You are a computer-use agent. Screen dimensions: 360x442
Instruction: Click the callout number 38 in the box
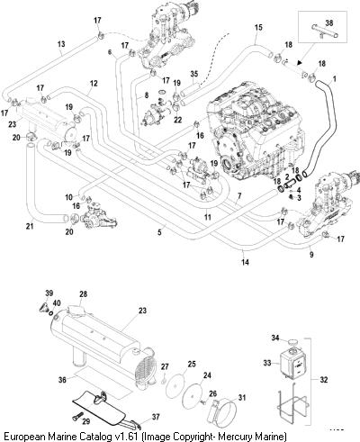click(x=329, y=23)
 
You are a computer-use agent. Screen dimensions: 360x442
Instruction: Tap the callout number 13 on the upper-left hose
click(x=61, y=44)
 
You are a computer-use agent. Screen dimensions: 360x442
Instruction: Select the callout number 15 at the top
click(x=258, y=27)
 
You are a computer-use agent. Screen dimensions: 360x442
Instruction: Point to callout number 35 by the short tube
click(x=194, y=74)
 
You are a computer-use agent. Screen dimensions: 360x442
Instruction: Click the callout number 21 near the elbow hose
click(x=30, y=226)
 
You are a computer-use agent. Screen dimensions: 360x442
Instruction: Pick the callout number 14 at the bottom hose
click(x=245, y=262)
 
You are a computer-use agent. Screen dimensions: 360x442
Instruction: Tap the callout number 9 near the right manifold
click(x=311, y=255)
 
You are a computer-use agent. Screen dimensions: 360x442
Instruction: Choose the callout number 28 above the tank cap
click(x=83, y=293)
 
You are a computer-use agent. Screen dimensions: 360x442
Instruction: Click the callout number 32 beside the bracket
click(x=324, y=380)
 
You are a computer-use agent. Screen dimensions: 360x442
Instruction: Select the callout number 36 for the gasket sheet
click(x=62, y=380)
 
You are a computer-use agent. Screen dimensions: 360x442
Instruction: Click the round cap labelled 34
click(x=292, y=341)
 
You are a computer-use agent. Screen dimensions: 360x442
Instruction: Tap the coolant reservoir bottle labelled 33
click(x=292, y=364)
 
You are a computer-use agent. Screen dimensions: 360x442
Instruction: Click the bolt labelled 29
click(x=76, y=416)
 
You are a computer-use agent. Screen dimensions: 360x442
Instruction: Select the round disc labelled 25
click(x=175, y=385)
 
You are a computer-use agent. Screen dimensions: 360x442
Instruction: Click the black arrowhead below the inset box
click(x=299, y=63)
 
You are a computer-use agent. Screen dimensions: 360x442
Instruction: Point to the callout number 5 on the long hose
click(x=160, y=232)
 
